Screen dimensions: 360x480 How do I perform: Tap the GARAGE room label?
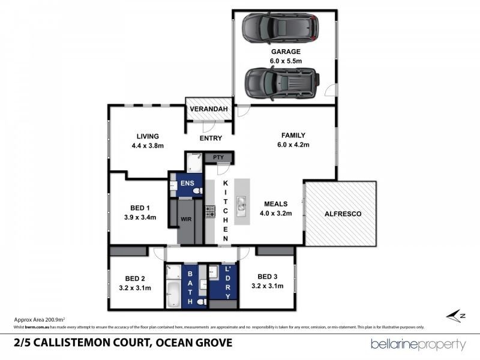point(285,52)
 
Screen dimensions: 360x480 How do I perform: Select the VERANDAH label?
point(208,109)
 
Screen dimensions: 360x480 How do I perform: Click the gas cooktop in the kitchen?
point(210,211)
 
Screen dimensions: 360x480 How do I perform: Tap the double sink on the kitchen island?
point(241,205)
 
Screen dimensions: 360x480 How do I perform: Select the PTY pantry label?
point(217,157)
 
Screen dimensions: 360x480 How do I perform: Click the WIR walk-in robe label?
point(186,220)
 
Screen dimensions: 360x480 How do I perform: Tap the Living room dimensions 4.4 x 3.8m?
point(147,146)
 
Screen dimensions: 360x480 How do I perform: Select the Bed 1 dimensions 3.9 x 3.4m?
point(139,217)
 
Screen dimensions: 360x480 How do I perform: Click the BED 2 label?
point(135,278)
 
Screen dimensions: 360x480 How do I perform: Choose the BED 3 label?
point(267,276)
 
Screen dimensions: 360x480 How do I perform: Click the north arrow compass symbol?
point(456,316)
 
